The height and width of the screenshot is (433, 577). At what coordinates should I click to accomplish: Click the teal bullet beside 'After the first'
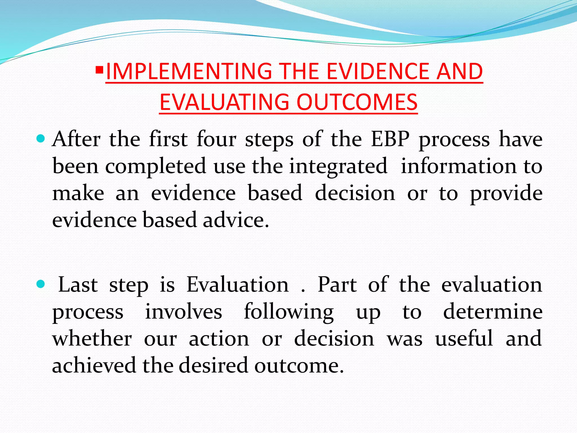pos(41,138)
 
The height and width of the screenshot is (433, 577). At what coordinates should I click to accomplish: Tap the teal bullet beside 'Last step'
pos(41,284)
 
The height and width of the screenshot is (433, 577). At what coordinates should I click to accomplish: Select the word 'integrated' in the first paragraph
pos(338,166)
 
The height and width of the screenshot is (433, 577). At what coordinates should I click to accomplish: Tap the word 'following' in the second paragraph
pos(289,312)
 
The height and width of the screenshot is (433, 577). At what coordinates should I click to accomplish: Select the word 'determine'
pos(493,312)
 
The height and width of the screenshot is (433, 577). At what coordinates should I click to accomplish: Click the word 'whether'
pos(92,338)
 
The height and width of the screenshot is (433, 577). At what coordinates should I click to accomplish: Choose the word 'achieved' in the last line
pos(94,365)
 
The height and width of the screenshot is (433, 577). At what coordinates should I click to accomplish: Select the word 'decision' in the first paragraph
pos(355,193)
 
